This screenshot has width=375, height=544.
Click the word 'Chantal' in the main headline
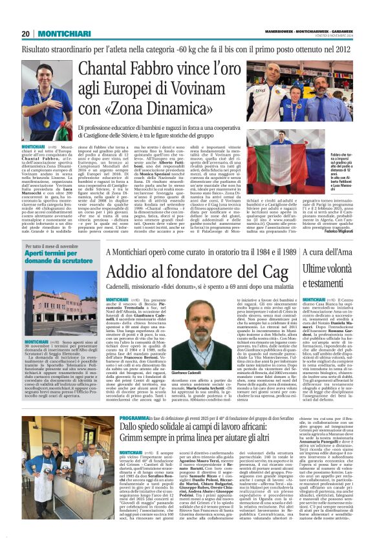[x=114, y=67]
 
